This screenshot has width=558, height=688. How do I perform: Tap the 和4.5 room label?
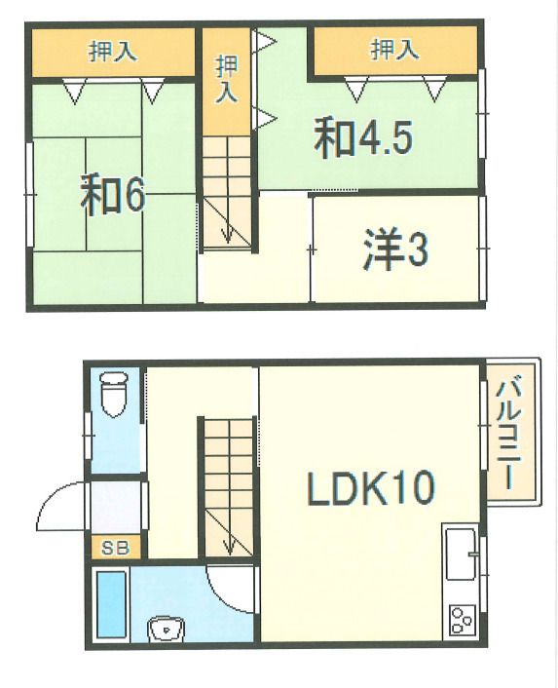click(363, 139)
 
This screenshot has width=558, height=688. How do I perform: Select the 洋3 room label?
click(394, 250)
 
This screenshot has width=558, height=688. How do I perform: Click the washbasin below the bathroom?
click(167, 631)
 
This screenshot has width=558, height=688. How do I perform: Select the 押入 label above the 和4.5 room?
click(394, 49)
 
